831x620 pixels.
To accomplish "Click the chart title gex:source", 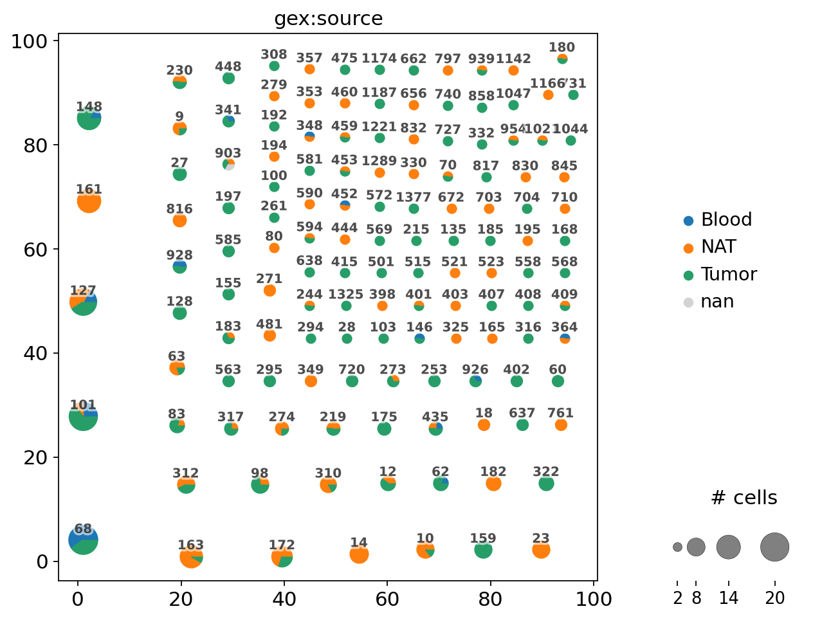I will tap(328, 19).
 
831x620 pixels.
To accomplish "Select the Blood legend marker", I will tap(688, 221).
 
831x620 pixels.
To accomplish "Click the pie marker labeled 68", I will tap(83, 540).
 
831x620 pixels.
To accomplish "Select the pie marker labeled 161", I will tap(89, 201).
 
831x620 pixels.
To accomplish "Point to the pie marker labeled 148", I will tap(89, 118).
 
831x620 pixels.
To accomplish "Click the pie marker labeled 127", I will tap(83, 302).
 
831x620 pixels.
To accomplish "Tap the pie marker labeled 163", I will tap(191, 556).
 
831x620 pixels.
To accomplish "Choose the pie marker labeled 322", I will tap(546, 483).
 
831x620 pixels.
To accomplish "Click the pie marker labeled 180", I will tap(562, 59).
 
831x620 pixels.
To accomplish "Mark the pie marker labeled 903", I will tap(228, 165).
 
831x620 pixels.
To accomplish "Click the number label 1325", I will tap(345, 295).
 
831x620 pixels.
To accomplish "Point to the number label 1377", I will tap(414, 197).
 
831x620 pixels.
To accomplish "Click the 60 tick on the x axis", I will tap(387, 599).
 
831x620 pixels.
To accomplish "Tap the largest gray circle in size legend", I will tap(774, 547).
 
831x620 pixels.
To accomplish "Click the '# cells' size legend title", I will tap(744, 498).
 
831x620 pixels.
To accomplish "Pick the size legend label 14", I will tap(728, 599).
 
